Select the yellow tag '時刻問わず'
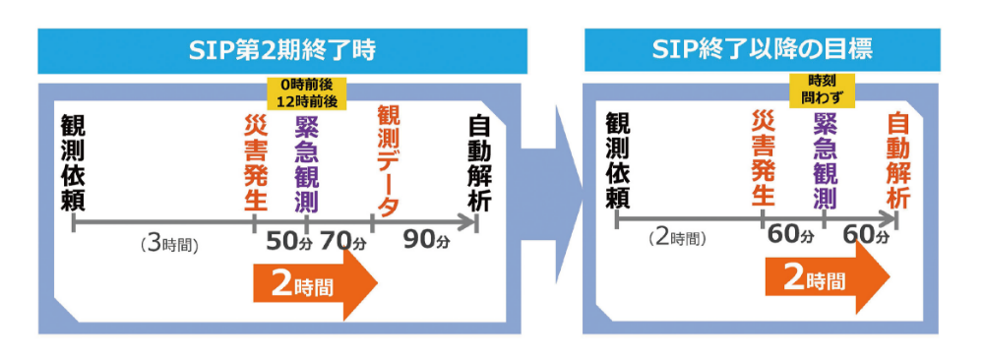pos(824,90)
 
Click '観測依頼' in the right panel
pos(617,160)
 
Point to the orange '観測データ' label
pos(388,161)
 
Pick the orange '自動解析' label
pos(897,160)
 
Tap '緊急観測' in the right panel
pos(825,160)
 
